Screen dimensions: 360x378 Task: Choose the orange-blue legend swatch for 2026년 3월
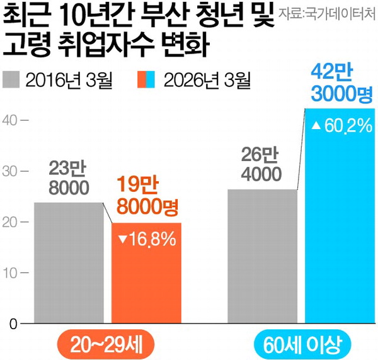[146, 80]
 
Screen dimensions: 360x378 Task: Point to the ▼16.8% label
[147, 240]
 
